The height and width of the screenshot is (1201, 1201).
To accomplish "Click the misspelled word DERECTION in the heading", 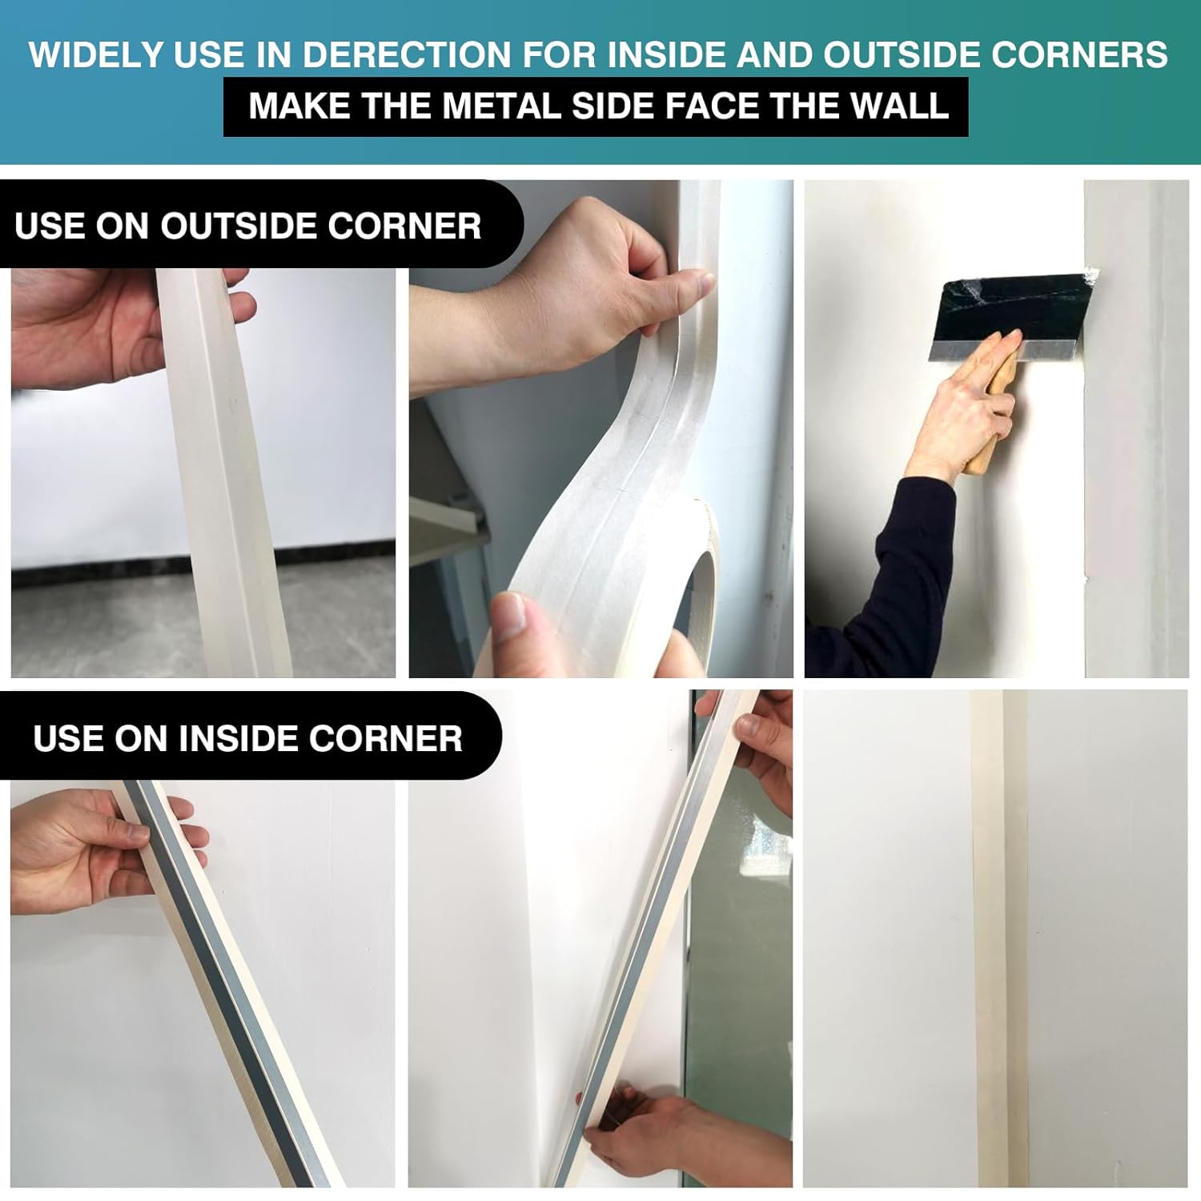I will tap(407, 54).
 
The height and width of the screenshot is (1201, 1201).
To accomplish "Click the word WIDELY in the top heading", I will tap(96, 54).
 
